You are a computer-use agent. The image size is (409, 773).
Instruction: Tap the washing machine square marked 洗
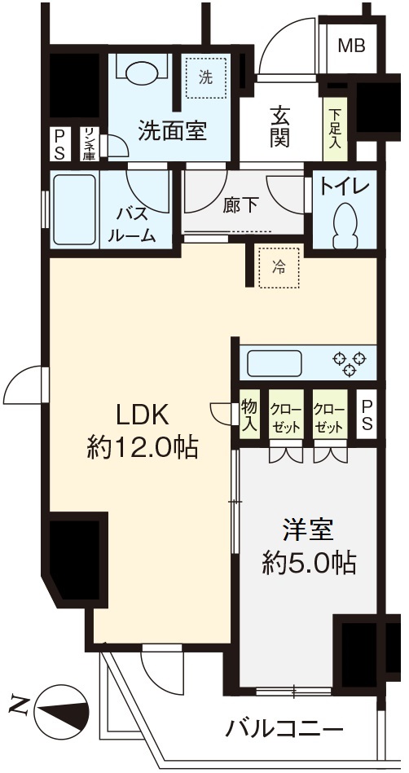(204, 77)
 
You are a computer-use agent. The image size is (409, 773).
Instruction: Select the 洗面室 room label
(172, 131)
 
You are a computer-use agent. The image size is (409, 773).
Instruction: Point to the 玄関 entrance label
(279, 130)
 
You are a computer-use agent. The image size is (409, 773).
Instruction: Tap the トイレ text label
(345, 187)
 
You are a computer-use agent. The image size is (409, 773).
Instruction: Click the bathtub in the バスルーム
(75, 209)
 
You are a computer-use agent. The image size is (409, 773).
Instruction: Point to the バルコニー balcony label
(284, 727)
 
